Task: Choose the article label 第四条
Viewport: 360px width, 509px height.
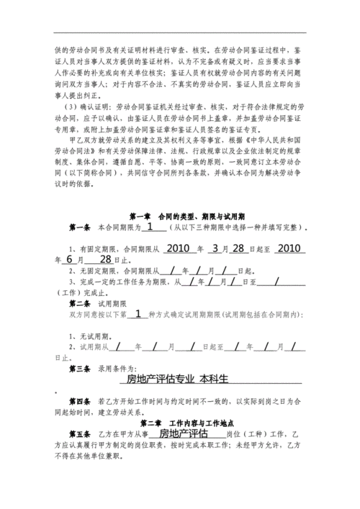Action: click(x=80, y=400)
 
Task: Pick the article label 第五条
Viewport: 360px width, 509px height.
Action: click(x=80, y=434)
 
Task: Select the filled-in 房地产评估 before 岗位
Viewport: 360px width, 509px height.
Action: click(x=183, y=433)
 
